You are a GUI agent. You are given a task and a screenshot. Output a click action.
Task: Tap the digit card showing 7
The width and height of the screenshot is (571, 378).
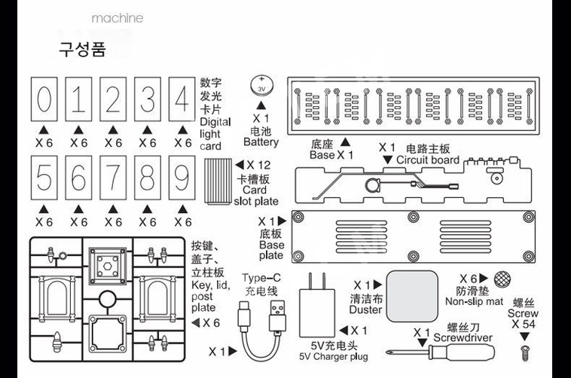tap(113, 181)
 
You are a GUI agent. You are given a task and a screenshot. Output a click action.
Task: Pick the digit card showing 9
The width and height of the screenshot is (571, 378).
tap(182, 181)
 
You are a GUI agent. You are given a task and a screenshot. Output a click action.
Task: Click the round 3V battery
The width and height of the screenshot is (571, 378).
tap(261, 87)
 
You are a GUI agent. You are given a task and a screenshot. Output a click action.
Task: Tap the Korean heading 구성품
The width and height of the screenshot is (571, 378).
tap(82, 50)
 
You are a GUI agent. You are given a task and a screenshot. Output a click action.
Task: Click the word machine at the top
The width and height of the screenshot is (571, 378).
tap(117, 17)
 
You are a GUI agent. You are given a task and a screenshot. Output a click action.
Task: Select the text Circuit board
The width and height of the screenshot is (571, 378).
tap(427, 160)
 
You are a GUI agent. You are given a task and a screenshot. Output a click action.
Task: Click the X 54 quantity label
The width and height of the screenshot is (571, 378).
tap(524, 324)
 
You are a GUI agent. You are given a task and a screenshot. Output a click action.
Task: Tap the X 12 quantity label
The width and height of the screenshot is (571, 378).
tap(258, 165)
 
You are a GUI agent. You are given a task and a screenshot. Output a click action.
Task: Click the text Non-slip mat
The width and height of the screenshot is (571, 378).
tap(474, 302)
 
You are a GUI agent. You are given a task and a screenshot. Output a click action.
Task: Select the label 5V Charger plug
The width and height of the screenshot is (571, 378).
tap(334, 356)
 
